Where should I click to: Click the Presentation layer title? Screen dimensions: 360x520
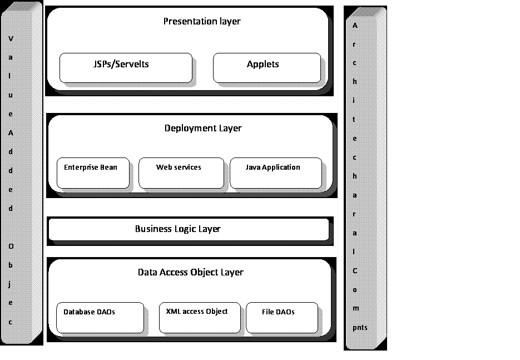[201, 22]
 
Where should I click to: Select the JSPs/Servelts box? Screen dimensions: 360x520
[126, 68]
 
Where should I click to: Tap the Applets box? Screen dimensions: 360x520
[266, 68]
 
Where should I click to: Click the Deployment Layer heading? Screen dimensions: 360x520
[203, 129]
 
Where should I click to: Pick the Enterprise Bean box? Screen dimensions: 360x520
[93, 173]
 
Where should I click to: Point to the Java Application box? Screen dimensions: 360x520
[275, 173]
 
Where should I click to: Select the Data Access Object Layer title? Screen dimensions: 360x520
[190, 273]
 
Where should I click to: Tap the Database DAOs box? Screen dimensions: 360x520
[100, 318]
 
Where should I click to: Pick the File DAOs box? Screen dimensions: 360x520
[282, 318]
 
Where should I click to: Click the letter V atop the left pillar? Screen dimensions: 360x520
[11, 39]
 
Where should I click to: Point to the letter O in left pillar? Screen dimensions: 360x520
[11, 246]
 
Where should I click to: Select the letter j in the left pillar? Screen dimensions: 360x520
[11, 284]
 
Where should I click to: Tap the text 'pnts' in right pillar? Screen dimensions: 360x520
[359, 328]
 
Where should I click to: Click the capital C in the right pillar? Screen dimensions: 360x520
[355, 271]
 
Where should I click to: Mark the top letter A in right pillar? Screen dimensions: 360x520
[355, 26]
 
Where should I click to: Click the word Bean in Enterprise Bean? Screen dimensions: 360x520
[109, 167]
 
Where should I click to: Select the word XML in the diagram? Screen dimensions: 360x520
[174, 312]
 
